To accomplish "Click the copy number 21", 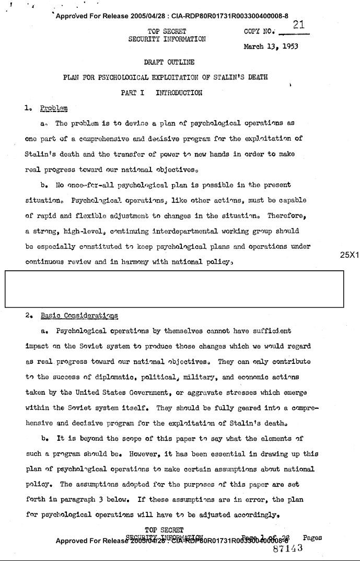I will pyautogui.click(x=299, y=25).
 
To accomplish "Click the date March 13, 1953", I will pyautogui.click(x=271, y=46).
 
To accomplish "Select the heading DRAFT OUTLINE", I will pyautogui.click(x=169, y=62).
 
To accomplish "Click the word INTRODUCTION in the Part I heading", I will pyautogui.click(x=178, y=93).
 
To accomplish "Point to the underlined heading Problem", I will pyautogui.click(x=54, y=109).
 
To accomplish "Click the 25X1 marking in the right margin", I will pyautogui.click(x=349, y=255).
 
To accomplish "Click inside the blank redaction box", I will pyautogui.click(x=174, y=289).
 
